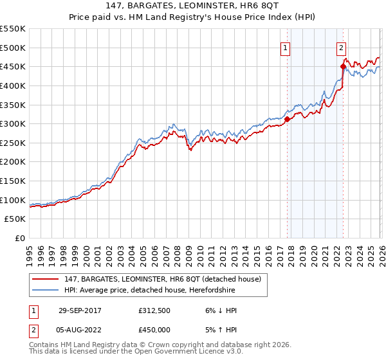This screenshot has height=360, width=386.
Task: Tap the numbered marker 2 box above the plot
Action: pyautogui.click(x=341, y=47)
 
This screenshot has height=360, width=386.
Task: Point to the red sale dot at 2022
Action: pyautogui.click(x=343, y=66)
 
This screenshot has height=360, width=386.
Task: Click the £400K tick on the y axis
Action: pyautogui.click(x=13, y=85)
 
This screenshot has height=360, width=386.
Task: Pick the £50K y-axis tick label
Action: pyautogui.click(x=15, y=219)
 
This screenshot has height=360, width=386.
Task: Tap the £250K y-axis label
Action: pyautogui.click(x=13, y=143)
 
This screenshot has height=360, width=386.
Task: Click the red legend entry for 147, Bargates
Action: pyautogui.click(x=161, y=279)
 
